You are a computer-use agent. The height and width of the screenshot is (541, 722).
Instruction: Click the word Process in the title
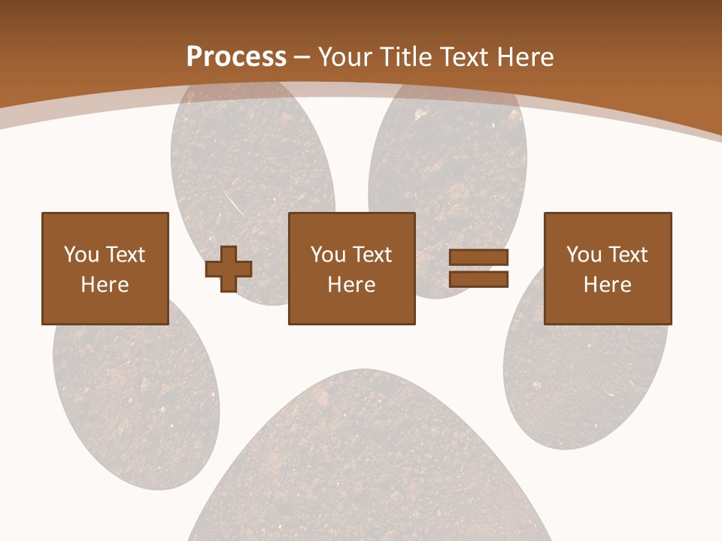click(x=236, y=57)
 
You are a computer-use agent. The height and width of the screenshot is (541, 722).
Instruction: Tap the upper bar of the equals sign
click(x=478, y=258)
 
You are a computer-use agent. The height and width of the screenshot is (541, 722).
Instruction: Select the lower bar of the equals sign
click(x=478, y=279)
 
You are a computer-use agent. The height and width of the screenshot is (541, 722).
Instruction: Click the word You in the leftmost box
click(x=80, y=255)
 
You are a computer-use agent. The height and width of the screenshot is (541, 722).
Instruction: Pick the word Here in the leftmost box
click(x=105, y=285)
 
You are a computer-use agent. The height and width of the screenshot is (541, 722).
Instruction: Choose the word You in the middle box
click(x=327, y=255)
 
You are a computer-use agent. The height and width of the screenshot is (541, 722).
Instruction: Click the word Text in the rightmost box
click(x=627, y=255)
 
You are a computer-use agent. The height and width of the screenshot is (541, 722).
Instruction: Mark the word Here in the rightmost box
click(x=607, y=285)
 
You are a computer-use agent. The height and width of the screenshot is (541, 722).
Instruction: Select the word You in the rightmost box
click(x=583, y=255)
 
